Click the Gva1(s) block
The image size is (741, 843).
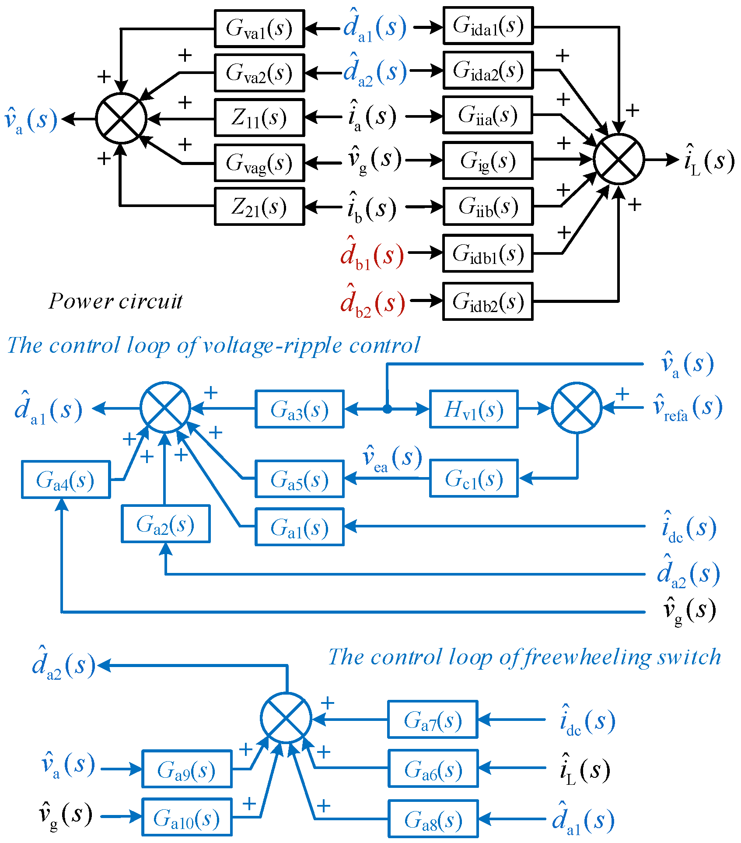point(259,28)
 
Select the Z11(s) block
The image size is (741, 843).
point(259,118)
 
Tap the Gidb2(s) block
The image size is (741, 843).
point(488,302)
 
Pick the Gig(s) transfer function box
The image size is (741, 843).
point(488,160)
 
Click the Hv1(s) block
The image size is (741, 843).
point(474,409)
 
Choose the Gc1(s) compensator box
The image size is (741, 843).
point(474,478)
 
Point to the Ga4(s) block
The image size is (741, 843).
point(66,479)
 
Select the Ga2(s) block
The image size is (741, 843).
point(166,524)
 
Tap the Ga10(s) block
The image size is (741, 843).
point(187,817)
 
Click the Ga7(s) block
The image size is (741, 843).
point(433,720)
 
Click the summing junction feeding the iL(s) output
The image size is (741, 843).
point(619,159)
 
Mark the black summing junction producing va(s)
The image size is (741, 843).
point(121,118)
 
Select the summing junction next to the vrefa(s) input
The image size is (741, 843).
point(577,408)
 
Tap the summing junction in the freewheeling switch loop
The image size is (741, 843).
point(286,718)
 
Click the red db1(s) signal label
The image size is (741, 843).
point(372,253)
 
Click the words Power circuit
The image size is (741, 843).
point(115,302)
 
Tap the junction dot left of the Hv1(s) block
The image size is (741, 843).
point(387,409)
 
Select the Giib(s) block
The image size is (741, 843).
point(488,206)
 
